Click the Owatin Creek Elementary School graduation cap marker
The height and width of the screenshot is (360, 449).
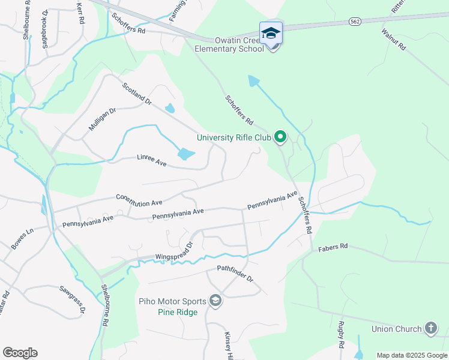[x=271, y=32]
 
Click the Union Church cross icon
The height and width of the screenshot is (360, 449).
[x=430, y=328]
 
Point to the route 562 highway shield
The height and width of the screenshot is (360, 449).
[x=355, y=22]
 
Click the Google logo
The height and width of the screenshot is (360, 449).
[x=20, y=353]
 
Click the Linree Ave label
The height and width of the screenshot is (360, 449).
[x=151, y=160]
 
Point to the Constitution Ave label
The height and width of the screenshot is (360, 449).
[x=139, y=199]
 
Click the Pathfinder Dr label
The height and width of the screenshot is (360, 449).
[x=235, y=274]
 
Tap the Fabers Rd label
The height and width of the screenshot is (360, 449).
[x=333, y=247]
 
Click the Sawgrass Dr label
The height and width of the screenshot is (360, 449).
[x=73, y=298]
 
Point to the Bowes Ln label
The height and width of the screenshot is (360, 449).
[x=22, y=238]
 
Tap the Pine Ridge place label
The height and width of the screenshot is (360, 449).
[x=178, y=313]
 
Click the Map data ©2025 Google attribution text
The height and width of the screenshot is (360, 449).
[x=412, y=355]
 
